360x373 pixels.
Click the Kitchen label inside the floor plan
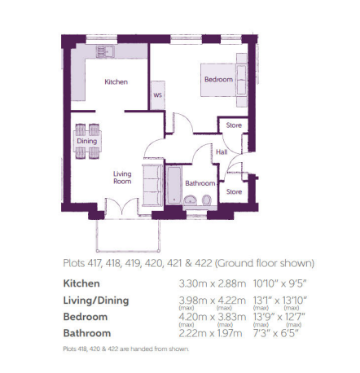click(x=116, y=81)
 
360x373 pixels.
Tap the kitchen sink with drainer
click(x=105, y=51)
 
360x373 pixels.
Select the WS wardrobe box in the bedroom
click(x=158, y=95)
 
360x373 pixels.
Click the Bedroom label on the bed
click(x=218, y=79)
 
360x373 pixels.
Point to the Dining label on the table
click(x=87, y=141)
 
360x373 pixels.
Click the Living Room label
click(x=122, y=178)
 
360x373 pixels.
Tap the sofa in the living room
click(x=152, y=185)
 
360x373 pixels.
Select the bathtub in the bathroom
click(x=174, y=185)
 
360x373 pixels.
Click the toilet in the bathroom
click(x=207, y=200)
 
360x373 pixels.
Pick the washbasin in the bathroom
click(x=190, y=200)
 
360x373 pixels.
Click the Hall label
click(x=222, y=152)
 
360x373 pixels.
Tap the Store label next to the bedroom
click(x=234, y=125)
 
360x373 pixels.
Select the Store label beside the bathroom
click(x=234, y=191)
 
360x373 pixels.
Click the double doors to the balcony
click(x=121, y=206)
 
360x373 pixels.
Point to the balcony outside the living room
click(x=128, y=235)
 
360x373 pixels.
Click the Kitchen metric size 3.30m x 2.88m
click(x=213, y=283)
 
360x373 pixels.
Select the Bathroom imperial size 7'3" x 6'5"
click(x=275, y=333)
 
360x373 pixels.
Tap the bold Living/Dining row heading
click(x=96, y=301)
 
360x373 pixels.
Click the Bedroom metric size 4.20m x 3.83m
click(x=213, y=317)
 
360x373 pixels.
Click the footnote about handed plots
click(x=125, y=349)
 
